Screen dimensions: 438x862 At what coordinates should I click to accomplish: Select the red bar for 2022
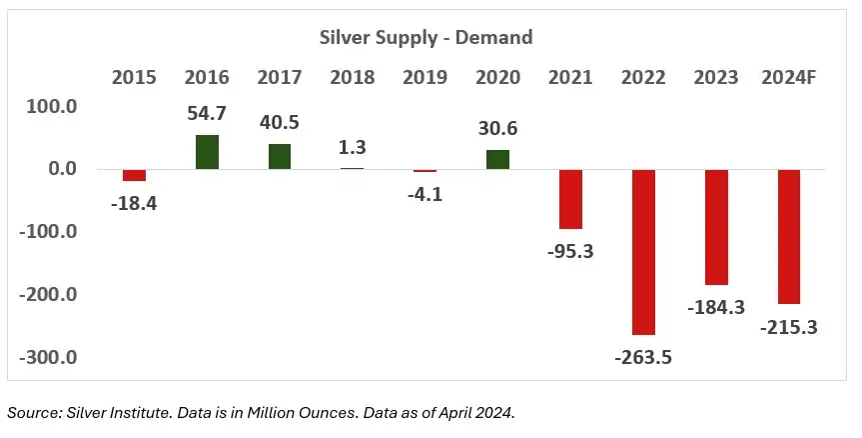click(x=643, y=251)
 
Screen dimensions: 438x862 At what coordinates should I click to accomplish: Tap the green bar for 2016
click(x=207, y=152)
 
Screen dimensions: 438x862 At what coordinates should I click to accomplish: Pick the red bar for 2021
click(x=570, y=199)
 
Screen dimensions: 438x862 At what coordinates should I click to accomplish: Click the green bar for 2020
click(x=497, y=160)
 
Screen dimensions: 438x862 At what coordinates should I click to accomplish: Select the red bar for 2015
click(x=134, y=175)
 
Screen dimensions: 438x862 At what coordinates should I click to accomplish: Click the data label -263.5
click(x=643, y=356)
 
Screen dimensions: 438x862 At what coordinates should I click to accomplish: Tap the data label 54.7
click(x=207, y=114)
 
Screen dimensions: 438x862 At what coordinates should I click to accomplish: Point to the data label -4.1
click(x=425, y=194)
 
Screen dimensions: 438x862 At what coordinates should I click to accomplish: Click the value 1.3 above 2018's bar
click(x=352, y=147)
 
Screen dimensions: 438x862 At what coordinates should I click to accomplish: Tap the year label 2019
click(x=425, y=78)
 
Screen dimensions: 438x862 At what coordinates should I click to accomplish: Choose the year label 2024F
click(x=788, y=78)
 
